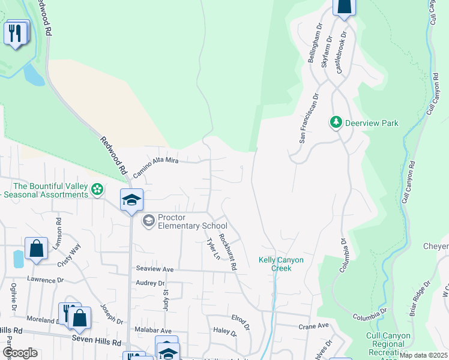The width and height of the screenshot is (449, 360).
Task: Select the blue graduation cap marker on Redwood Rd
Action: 131,200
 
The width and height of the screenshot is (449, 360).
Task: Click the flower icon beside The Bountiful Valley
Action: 97,190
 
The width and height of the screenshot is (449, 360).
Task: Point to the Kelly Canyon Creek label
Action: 281,264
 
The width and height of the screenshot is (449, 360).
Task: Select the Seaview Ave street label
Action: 155,270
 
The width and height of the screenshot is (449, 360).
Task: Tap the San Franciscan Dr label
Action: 308,118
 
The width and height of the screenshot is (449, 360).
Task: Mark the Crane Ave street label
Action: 314,326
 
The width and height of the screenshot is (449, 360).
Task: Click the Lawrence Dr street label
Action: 45,280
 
